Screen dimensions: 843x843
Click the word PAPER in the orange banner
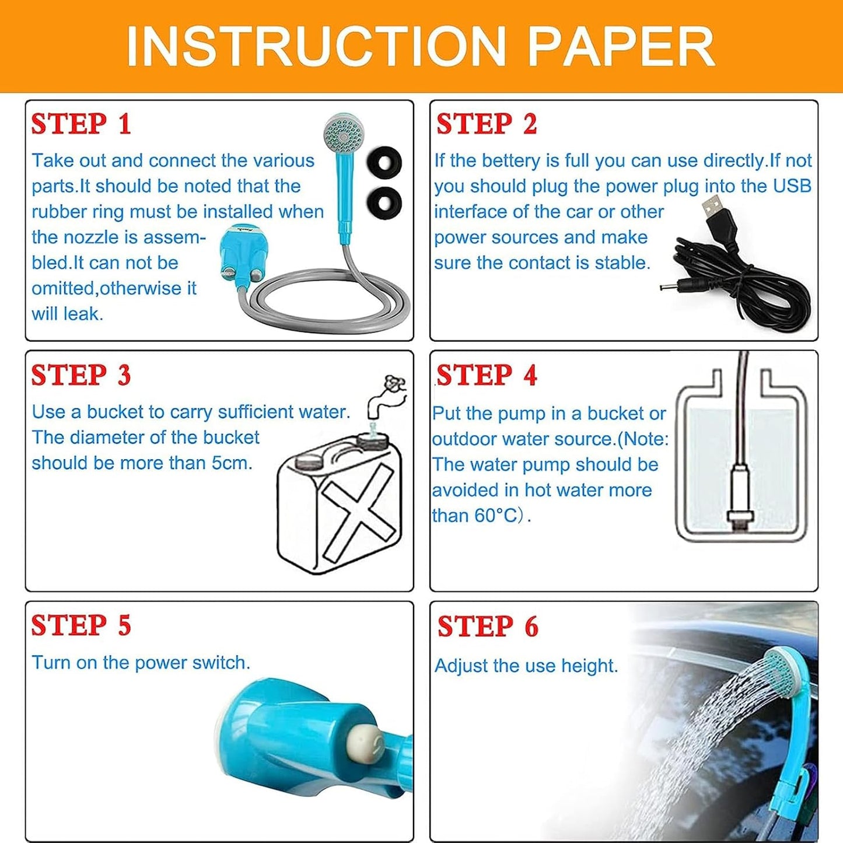pyautogui.click(x=621, y=47)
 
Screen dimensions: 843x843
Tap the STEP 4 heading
pyautogui.click(x=486, y=375)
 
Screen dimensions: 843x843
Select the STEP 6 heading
pyautogui.click(x=488, y=627)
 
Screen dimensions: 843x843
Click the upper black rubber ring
pyautogui.click(x=384, y=161)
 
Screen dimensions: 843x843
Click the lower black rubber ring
pyautogui.click(x=384, y=201)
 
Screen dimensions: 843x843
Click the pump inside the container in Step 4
pyautogui.click(x=740, y=496)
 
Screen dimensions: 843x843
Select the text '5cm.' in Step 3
pyautogui.click(x=232, y=463)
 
